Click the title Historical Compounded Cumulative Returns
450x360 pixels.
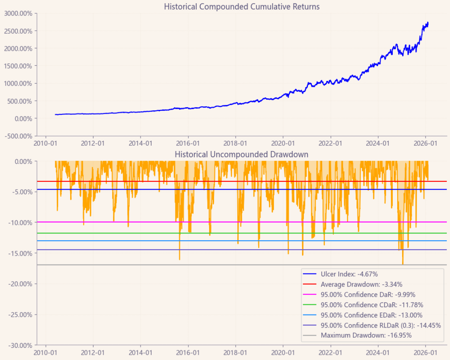click(242, 6)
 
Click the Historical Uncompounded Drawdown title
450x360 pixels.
click(242, 154)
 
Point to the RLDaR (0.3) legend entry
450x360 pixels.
click(381, 325)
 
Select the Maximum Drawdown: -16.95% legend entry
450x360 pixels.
click(366, 335)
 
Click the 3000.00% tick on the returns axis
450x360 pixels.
click(18, 13)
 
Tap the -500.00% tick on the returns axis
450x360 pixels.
click(18, 136)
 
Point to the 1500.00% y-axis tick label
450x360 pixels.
click(18, 66)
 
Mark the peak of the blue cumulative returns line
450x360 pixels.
click(428, 23)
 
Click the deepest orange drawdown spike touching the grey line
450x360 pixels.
click(403, 264)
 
